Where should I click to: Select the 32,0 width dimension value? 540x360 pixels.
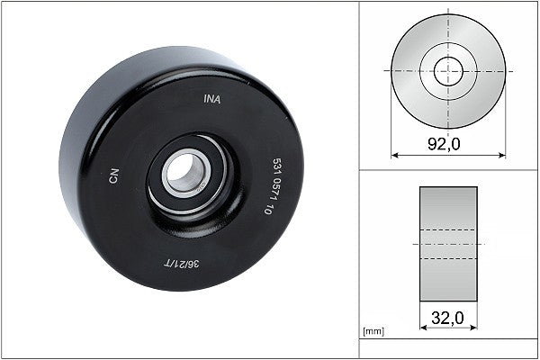pos(447,317)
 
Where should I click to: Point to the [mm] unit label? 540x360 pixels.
pos(373,332)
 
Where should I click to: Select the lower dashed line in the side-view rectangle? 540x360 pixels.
pos(448,259)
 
